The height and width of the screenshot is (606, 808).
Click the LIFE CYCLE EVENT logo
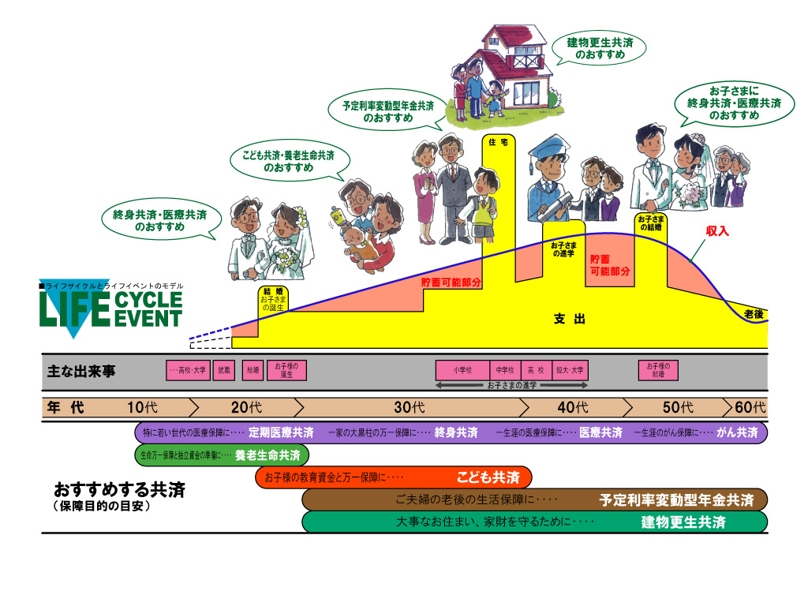(x=110, y=310)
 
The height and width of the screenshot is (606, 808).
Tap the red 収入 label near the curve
(x=717, y=231)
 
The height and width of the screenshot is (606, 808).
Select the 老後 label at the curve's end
(x=754, y=314)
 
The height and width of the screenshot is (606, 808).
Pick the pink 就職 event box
(x=226, y=369)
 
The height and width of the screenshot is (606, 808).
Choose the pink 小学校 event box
(x=462, y=369)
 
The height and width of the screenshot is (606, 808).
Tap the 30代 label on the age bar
(x=410, y=408)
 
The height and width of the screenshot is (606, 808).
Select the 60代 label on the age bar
(x=750, y=408)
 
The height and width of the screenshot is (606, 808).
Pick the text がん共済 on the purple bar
(x=737, y=432)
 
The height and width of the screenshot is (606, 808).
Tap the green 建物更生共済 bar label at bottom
(x=683, y=522)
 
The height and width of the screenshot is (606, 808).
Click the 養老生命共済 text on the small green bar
(x=267, y=455)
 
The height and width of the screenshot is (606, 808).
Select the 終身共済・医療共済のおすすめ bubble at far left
(x=160, y=220)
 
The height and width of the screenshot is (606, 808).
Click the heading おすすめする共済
(x=119, y=490)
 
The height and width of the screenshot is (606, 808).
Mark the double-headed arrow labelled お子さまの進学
(x=511, y=385)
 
